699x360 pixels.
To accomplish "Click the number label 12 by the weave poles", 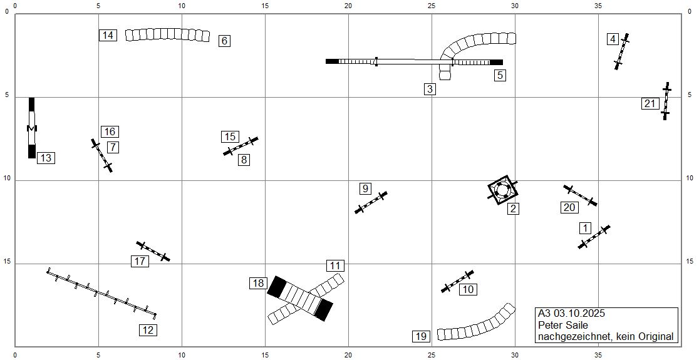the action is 148,330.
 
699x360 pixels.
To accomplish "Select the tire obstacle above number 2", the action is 503,190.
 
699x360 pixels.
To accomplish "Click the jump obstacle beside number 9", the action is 371,202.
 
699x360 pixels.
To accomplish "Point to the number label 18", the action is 259,283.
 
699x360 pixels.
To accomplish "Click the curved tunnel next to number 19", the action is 476,324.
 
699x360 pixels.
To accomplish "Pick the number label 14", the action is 108,35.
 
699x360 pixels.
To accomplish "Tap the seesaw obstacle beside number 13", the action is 32,128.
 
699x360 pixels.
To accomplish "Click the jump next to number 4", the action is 621,51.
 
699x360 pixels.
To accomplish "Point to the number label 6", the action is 225,41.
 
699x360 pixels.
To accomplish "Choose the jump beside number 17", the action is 153,251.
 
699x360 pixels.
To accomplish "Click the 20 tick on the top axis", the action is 348,6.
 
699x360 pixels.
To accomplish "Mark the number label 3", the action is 430,89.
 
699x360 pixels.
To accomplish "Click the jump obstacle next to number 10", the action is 457,281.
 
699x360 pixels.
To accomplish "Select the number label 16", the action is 110,131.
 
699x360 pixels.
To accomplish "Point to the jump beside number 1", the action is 594,237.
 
